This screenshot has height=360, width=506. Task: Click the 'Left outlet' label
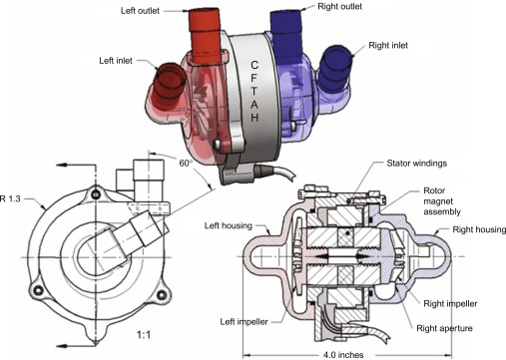pyautogui.click(x=140, y=11)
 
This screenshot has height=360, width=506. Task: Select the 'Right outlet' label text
pyautogui.click(x=339, y=6)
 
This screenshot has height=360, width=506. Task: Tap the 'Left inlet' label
pyautogui.click(x=116, y=61)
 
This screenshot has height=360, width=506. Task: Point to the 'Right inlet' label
pyautogui.click(x=388, y=45)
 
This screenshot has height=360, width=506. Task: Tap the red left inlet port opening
pyautogui.click(x=169, y=79)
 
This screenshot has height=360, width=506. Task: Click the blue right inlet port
pyautogui.click(x=334, y=67)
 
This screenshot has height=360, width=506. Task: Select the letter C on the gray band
pyautogui.click(x=254, y=65)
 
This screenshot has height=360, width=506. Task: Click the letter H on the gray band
pyautogui.click(x=254, y=118)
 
